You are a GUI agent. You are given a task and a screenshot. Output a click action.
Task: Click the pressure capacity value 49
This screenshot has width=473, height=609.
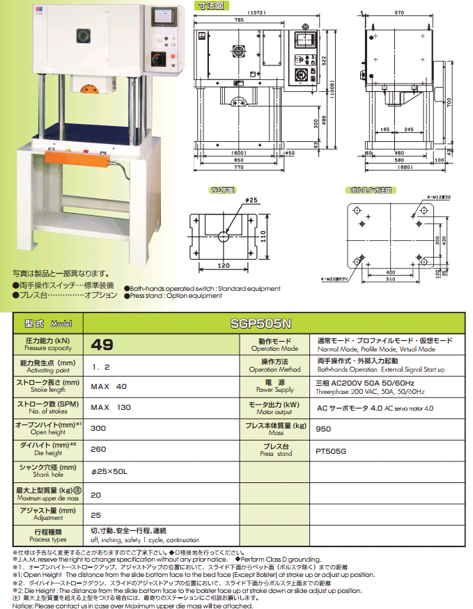tap(102, 345)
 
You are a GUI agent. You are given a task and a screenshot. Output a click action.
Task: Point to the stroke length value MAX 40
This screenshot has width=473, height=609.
tap(109, 386)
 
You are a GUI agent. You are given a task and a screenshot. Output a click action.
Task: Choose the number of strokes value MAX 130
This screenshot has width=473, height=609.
tap(111, 408)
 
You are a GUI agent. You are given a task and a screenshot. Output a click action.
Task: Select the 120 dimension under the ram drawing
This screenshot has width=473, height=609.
tap(222, 267)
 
